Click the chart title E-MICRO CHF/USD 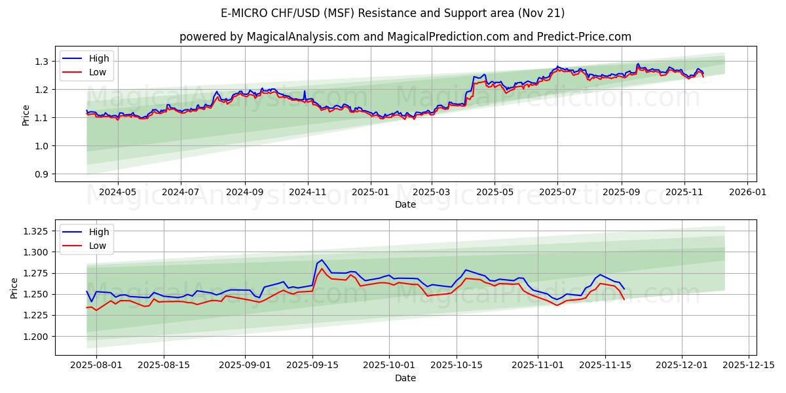[392, 13]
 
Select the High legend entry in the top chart [99, 58]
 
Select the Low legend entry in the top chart [98, 72]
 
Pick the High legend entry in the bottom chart [99, 232]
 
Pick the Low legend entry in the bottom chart [98, 246]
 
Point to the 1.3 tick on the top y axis [42, 62]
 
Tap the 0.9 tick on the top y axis [42, 174]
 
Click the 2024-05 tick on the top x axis [118, 193]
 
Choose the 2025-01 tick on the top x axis [370, 193]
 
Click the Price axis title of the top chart [26, 114]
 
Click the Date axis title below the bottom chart [405, 378]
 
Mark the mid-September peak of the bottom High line [321, 260]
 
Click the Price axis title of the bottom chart [14, 288]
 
